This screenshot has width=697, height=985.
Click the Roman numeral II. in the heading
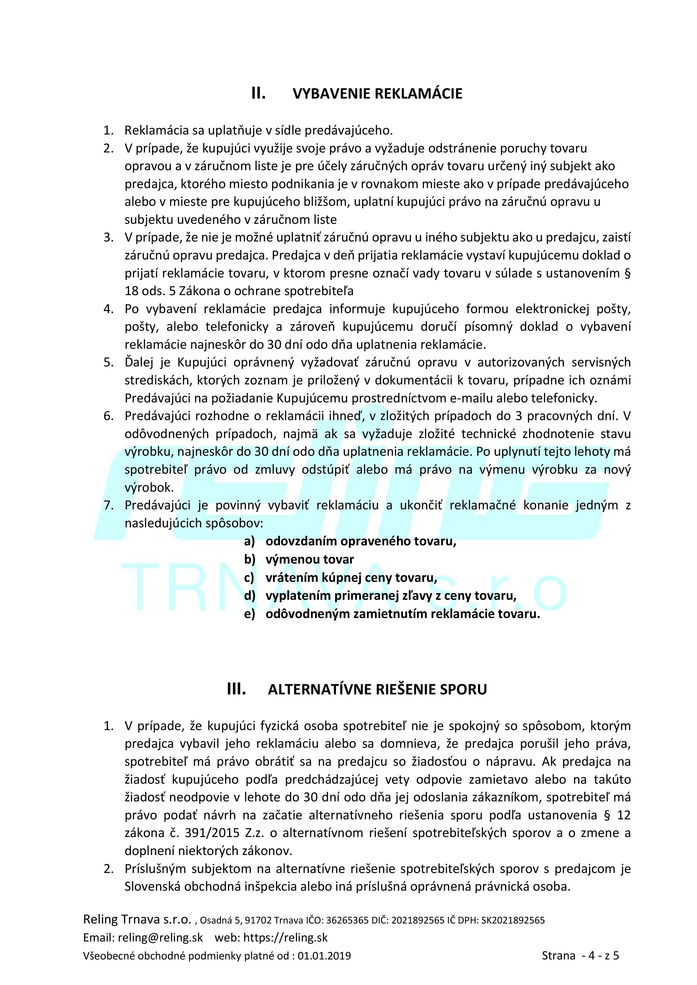[258, 93]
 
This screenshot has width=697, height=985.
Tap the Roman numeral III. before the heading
[236, 689]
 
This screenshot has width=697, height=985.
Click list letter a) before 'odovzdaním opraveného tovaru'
[249, 541]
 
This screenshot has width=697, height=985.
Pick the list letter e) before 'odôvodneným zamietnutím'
[249, 614]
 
